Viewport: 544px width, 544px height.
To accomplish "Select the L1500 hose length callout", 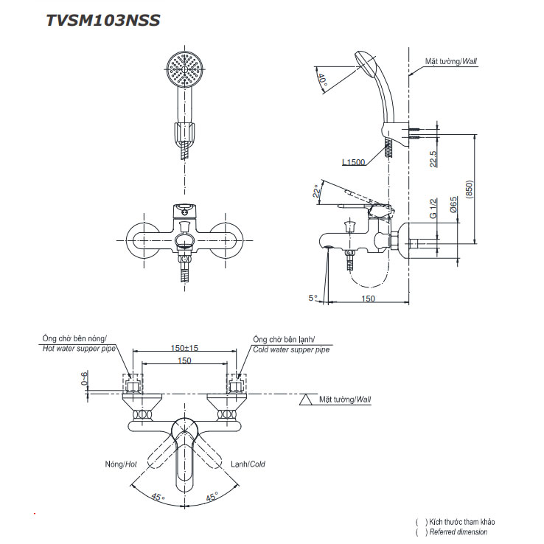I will [354, 162].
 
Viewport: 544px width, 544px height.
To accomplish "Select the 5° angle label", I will [313, 298].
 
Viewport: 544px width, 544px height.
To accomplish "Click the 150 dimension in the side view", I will [368, 298].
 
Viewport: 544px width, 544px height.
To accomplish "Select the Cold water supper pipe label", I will [290, 349].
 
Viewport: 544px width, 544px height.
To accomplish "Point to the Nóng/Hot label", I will [121, 464].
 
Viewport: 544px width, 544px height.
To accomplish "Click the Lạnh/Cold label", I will [247, 464].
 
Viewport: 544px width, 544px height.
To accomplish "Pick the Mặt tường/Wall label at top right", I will [451, 63].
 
